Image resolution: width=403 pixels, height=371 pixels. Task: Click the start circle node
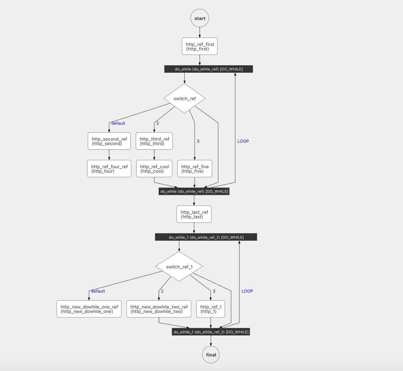click(x=200, y=18)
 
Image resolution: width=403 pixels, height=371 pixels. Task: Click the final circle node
click(x=211, y=355)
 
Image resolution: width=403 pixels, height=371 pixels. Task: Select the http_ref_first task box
click(x=200, y=46)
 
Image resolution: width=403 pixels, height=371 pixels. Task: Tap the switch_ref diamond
click(x=185, y=98)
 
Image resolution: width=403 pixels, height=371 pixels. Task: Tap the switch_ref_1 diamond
click(x=179, y=267)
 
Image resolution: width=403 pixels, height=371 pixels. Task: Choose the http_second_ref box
click(x=109, y=141)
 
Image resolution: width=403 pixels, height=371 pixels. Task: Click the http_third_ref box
click(x=154, y=141)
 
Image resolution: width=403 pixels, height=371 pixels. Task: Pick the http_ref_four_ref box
click(x=109, y=169)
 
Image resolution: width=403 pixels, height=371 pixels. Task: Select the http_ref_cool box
click(x=154, y=169)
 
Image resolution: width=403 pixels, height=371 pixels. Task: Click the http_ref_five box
click(x=195, y=169)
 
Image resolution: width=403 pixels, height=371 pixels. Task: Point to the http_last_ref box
click(x=194, y=214)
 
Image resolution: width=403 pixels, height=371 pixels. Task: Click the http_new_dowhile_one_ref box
click(x=89, y=309)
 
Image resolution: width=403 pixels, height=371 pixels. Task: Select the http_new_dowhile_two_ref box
click(x=159, y=309)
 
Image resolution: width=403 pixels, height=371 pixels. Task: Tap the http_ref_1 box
click(x=210, y=309)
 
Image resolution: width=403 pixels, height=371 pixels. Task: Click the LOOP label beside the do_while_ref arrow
click(x=243, y=141)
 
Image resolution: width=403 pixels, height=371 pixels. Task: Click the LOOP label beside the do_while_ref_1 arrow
click(x=247, y=291)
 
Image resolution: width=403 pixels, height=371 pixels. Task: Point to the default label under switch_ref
click(x=118, y=123)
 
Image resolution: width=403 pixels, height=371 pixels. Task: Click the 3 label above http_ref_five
click(x=198, y=141)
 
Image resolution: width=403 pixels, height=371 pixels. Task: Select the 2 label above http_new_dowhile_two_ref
click(x=162, y=291)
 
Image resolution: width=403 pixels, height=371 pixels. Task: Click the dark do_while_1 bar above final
click(x=211, y=332)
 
